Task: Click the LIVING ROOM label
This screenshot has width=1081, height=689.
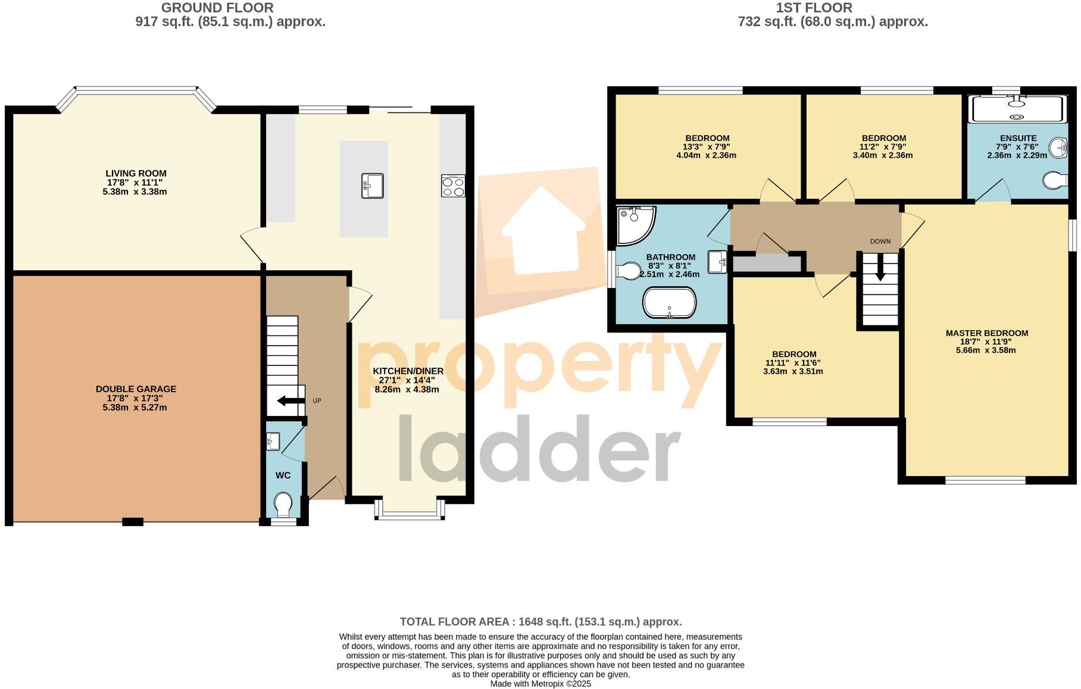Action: [136, 173]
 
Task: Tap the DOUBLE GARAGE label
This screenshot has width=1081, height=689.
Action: [136, 389]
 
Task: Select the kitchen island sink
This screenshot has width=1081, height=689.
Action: [372, 185]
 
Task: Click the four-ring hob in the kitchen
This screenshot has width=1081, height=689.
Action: [453, 186]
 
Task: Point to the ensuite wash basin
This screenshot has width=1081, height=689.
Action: [1058, 148]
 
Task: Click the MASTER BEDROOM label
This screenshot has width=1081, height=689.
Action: [986, 333]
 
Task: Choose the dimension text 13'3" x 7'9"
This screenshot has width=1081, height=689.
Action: [707, 147]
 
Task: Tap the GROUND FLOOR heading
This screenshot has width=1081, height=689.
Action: [217, 8]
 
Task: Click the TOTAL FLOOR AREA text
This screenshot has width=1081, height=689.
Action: [540, 622]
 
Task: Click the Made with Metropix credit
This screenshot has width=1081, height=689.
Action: [540, 684]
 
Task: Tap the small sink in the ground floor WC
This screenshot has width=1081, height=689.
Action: [273, 441]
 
